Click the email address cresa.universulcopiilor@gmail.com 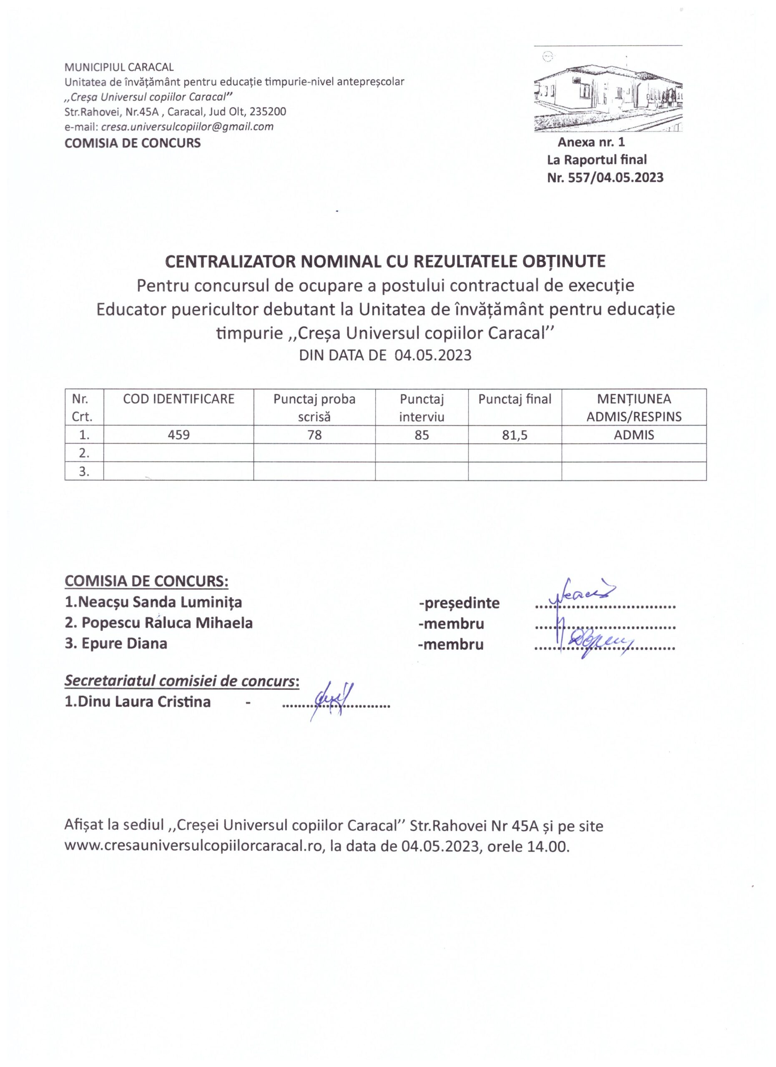[x=187, y=127]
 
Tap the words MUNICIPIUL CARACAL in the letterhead [x=119, y=67]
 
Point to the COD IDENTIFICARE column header [x=178, y=399]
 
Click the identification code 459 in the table [x=178, y=435]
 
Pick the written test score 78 [x=314, y=435]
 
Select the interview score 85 [x=422, y=435]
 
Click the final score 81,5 [x=515, y=435]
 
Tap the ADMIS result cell [x=633, y=435]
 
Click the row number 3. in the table [x=84, y=471]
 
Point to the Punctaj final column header [x=515, y=399]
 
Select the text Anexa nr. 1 [x=591, y=142]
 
